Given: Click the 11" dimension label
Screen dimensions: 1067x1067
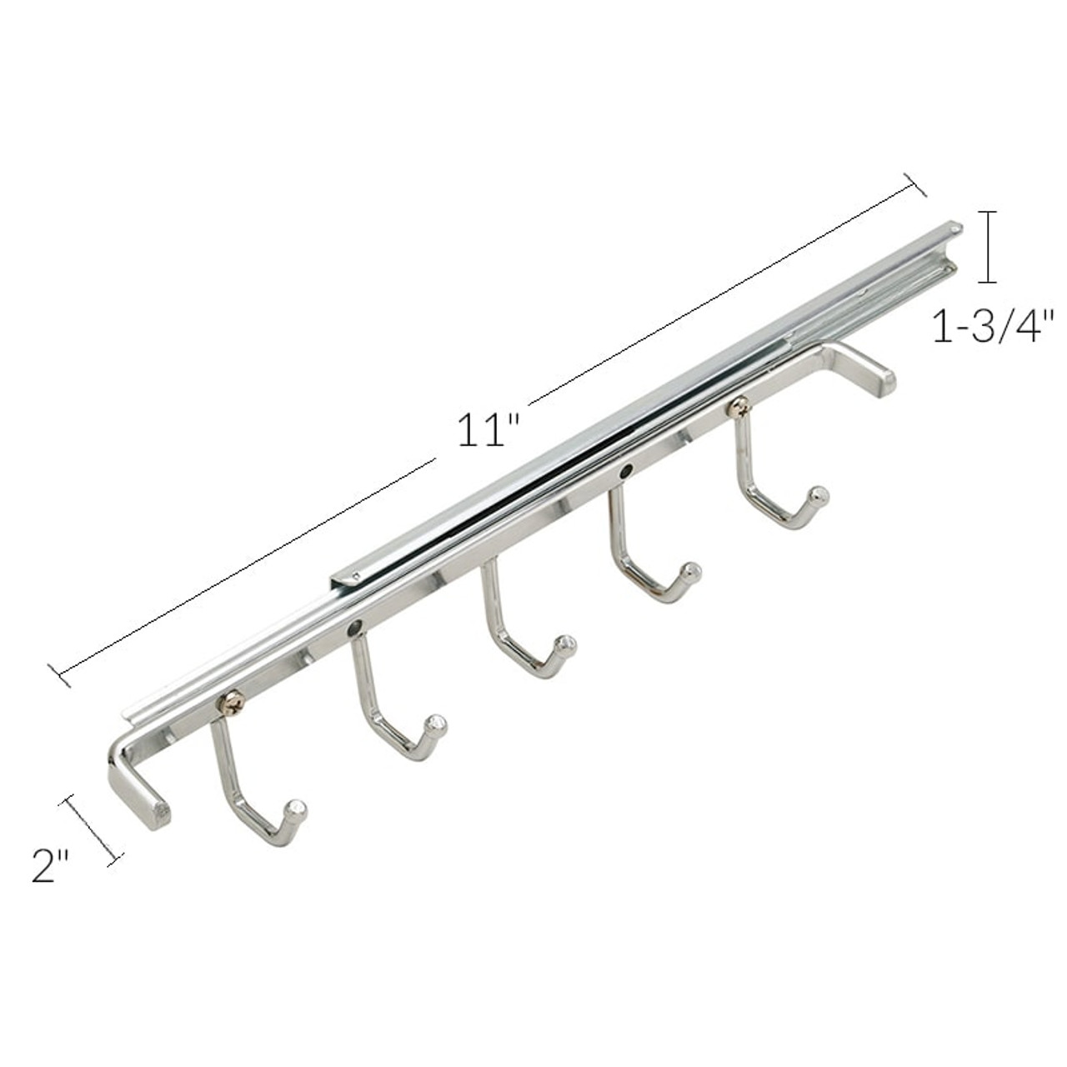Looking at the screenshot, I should (488, 431).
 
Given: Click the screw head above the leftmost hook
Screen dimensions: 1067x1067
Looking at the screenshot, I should (230, 703).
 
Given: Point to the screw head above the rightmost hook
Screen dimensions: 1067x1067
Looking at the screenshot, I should (739, 407).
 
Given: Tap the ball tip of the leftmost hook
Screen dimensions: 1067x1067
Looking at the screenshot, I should (296, 809).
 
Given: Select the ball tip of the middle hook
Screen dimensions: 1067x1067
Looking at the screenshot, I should (567, 644).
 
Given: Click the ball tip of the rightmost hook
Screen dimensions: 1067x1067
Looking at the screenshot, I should (819, 494).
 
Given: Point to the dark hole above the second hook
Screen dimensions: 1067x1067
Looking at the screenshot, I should (356, 627).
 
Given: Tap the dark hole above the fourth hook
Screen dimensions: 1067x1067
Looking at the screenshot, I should (625, 473).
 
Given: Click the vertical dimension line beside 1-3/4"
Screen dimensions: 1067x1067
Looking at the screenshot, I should (989, 248).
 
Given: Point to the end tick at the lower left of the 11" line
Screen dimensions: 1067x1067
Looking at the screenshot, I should (59, 675).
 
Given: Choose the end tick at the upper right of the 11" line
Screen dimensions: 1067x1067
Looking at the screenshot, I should (916, 186).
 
